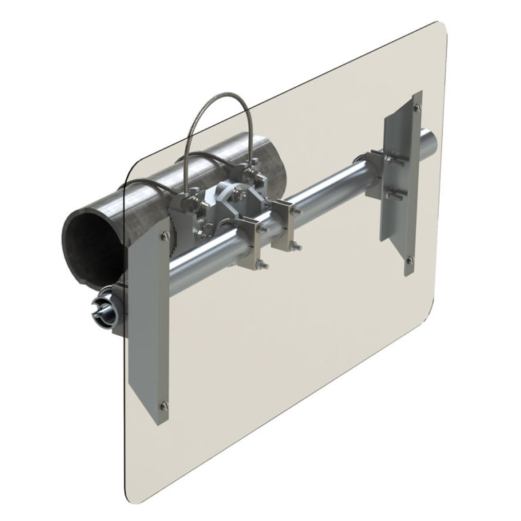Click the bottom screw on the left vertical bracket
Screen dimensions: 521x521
coord(163,406)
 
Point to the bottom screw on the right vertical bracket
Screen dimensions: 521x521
coord(409,258)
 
